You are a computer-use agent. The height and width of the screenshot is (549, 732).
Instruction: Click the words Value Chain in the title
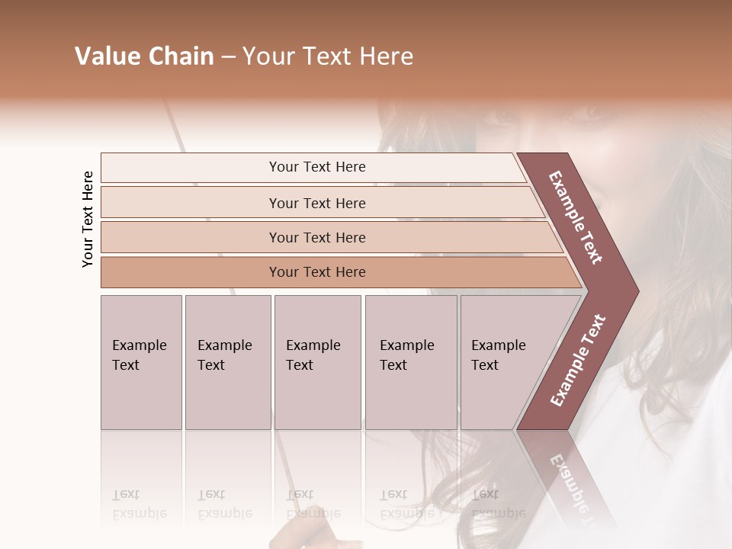coord(144,56)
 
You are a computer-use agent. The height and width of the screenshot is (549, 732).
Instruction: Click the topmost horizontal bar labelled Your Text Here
coord(316,167)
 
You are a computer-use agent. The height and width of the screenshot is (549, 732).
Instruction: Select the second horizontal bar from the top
coord(316,203)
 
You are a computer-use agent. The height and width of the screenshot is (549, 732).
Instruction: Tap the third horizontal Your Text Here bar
coord(316,237)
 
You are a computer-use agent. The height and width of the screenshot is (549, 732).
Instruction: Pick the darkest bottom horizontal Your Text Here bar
coord(316,272)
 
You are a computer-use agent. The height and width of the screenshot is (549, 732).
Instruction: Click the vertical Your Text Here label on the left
coord(88,219)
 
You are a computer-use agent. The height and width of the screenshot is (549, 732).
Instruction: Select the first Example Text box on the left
coord(141,362)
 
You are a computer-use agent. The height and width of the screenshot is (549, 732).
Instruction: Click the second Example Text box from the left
coord(227,362)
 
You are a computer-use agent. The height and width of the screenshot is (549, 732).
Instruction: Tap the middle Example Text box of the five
coord(316,362)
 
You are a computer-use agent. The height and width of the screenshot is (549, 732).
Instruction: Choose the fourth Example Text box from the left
coord(410,362)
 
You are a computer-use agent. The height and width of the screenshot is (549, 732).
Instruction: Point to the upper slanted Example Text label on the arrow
coord(576,217)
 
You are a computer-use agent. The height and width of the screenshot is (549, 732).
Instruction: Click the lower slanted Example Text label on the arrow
coord(578,360)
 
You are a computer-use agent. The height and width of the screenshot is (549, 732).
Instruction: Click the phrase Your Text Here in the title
coord(328,56)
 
